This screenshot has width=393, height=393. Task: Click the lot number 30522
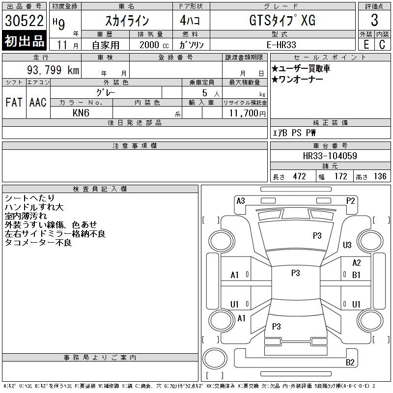24,21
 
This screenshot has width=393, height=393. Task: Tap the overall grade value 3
374,20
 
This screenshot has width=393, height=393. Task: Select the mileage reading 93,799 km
53,70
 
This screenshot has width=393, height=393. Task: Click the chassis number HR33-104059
330,156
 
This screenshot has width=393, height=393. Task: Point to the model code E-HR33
281,45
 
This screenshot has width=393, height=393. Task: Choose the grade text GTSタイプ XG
282,20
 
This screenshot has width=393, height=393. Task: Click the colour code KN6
81,113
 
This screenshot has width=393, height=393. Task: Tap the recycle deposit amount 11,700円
247,113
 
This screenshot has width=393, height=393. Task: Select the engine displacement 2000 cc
154,45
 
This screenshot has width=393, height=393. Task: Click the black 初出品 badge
24,41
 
